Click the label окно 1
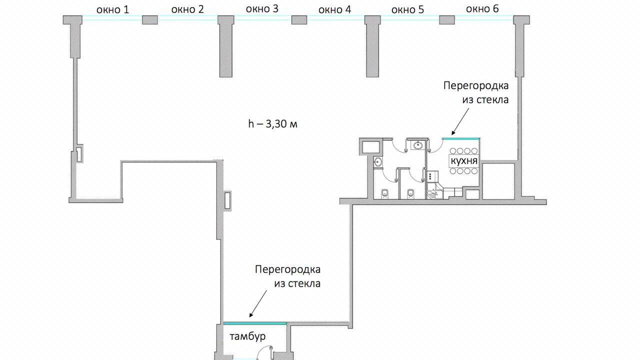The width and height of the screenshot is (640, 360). point(112,9)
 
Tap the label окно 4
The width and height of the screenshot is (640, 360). point(334,9)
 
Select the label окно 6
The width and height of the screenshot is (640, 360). point(482,9)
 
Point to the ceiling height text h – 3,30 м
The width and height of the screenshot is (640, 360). point(272,124)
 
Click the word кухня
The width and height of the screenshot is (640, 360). point(464,161)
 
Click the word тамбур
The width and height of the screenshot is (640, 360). point(247,336)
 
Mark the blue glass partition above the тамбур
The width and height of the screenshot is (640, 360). point(255,323)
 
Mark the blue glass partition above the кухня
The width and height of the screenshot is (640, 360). point(461,138)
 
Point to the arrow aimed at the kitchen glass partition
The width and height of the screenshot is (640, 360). point(460,121)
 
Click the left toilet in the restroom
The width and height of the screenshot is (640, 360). point(385,193)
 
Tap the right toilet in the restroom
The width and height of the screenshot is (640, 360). point(410,193)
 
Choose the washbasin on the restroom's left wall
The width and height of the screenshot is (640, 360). point(377,162)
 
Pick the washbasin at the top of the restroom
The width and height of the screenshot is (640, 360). point(418,145)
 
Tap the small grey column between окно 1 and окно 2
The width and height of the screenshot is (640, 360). point(150,20)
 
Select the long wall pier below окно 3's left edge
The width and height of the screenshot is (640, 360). point(225,46)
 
